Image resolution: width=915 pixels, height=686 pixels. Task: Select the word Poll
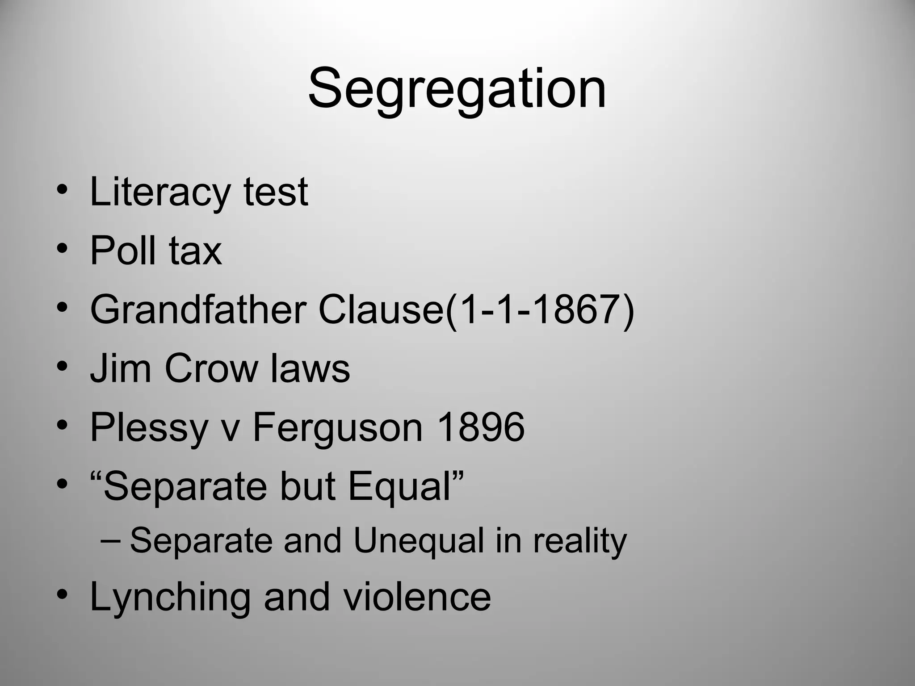tap(123, 251)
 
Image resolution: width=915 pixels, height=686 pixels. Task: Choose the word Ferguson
tap(338, 428)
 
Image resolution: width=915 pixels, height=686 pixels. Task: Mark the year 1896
tap(480, 427)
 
